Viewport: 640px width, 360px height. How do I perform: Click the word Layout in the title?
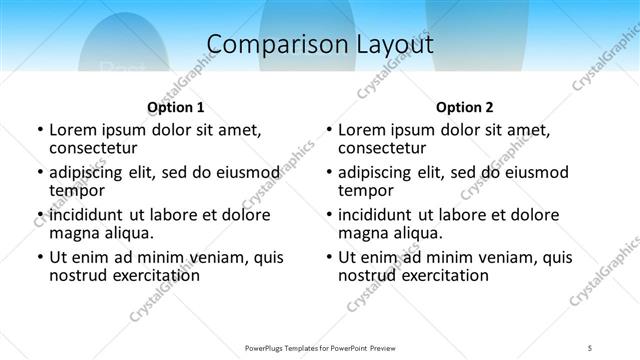pos(390,44)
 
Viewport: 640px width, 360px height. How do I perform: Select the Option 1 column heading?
pos(176,107)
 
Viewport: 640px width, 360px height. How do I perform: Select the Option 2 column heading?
pos(465,107)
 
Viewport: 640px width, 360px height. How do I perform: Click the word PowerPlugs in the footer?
pos(267,347)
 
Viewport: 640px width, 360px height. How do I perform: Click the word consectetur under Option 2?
pos(384,148)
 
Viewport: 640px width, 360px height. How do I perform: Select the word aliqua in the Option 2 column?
pos(415,233)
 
